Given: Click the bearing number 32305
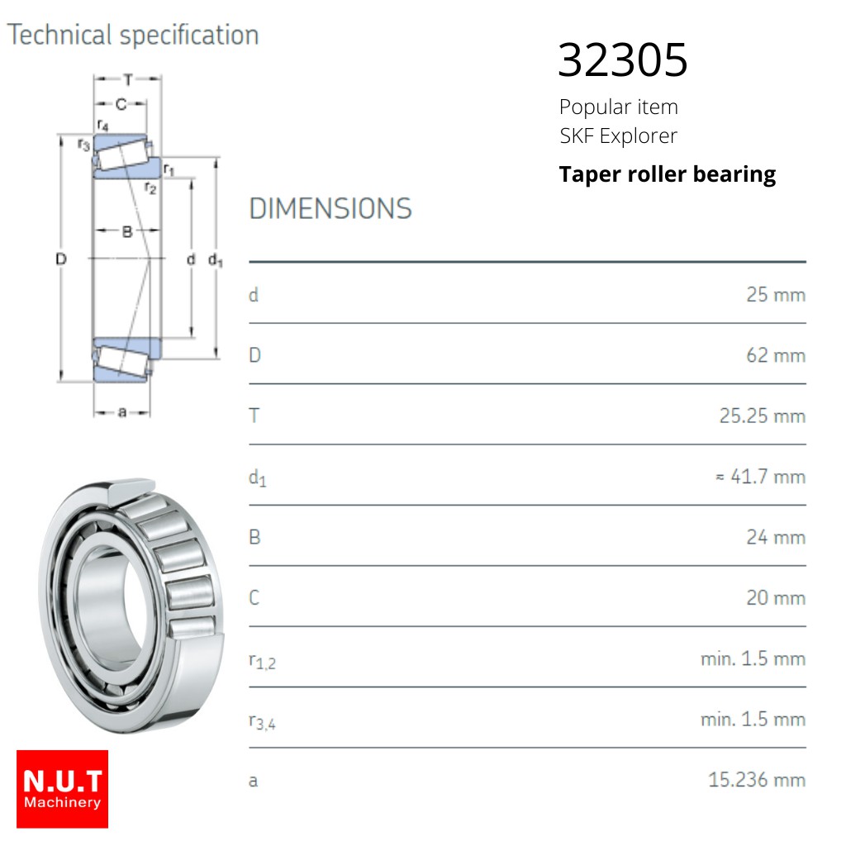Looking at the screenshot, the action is pos(623,59).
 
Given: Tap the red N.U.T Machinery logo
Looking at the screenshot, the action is pos(62,789).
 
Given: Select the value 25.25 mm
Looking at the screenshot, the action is pos(763,416).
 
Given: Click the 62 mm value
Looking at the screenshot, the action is pos(776,355).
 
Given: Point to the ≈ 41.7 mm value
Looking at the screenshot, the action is pos(761,477).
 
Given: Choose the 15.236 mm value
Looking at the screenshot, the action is pos(757,780).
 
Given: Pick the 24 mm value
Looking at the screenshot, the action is pos(776,537).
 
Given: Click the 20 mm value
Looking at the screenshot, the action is pos(776,598).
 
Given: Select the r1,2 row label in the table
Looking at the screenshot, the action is pos(262,661).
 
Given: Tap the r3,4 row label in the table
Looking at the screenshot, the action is pos(262,721).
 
